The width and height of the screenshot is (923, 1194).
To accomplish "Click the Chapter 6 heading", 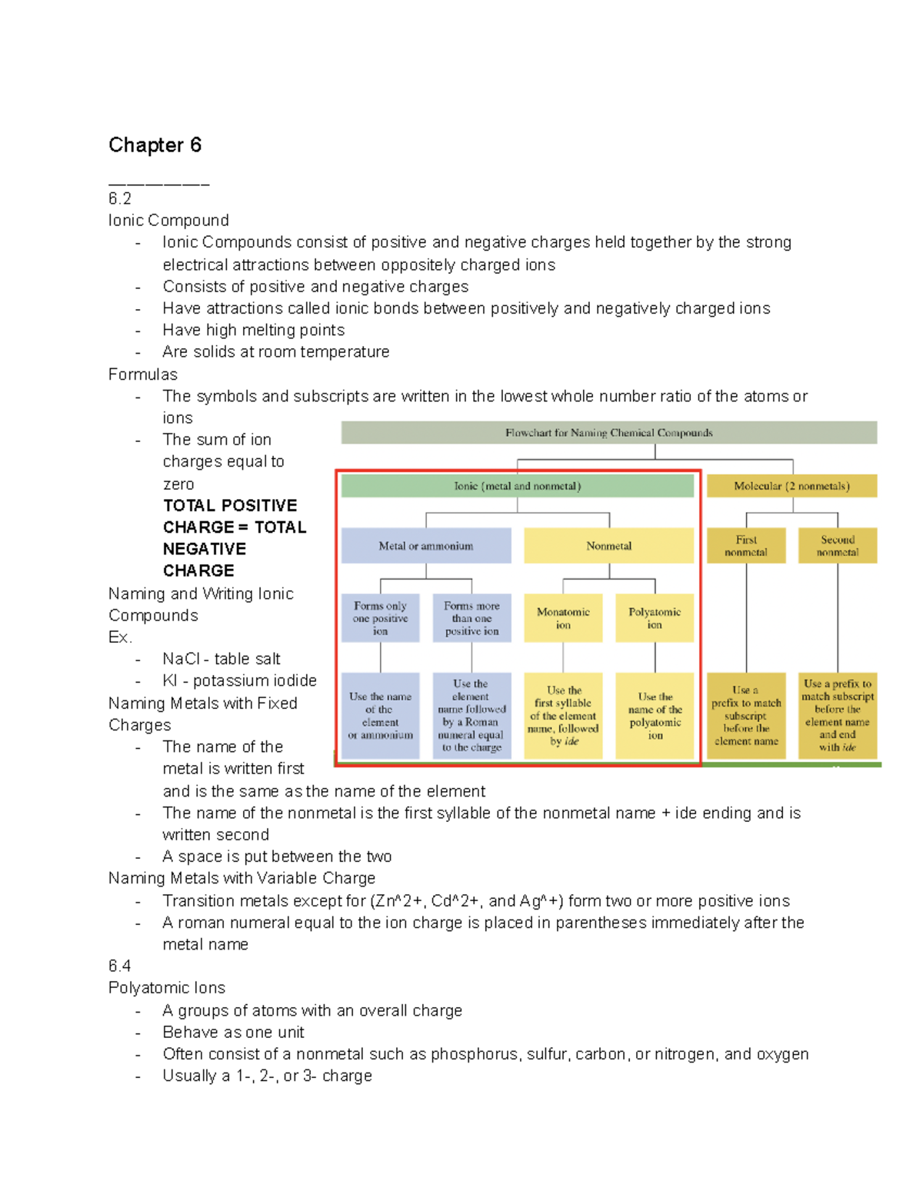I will (155, 145).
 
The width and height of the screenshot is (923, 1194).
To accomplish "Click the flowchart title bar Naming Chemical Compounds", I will (608, 433).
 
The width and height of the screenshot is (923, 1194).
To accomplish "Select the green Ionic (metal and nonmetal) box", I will (517, 486).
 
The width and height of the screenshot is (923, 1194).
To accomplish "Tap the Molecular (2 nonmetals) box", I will (791, 486).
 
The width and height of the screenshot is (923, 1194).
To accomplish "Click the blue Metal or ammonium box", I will (425, 546).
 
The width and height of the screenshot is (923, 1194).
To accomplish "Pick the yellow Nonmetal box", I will (608, 546).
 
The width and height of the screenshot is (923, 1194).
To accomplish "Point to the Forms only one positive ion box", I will (380, 618).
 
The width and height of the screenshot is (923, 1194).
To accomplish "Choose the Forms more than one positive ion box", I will (471, 618).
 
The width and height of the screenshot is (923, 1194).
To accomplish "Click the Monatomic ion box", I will (563, 618).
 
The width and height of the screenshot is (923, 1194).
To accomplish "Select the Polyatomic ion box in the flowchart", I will (655, 618).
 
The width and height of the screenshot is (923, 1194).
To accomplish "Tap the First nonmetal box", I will (745, 546).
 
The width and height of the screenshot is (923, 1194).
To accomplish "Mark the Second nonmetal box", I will (838, 546).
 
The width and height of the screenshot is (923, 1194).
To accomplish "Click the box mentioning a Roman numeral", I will (471, 716).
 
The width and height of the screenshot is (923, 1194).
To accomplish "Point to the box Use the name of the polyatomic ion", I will (655, 716).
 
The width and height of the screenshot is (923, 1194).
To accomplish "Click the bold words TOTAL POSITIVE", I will (230, 506).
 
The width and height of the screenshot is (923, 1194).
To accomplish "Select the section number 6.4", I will (120, 966).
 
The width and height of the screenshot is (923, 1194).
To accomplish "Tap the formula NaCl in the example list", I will (182, 659).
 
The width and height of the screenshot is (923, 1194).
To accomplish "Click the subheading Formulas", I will (143, 374).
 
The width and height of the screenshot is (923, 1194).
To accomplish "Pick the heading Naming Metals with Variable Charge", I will (242, 878).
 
